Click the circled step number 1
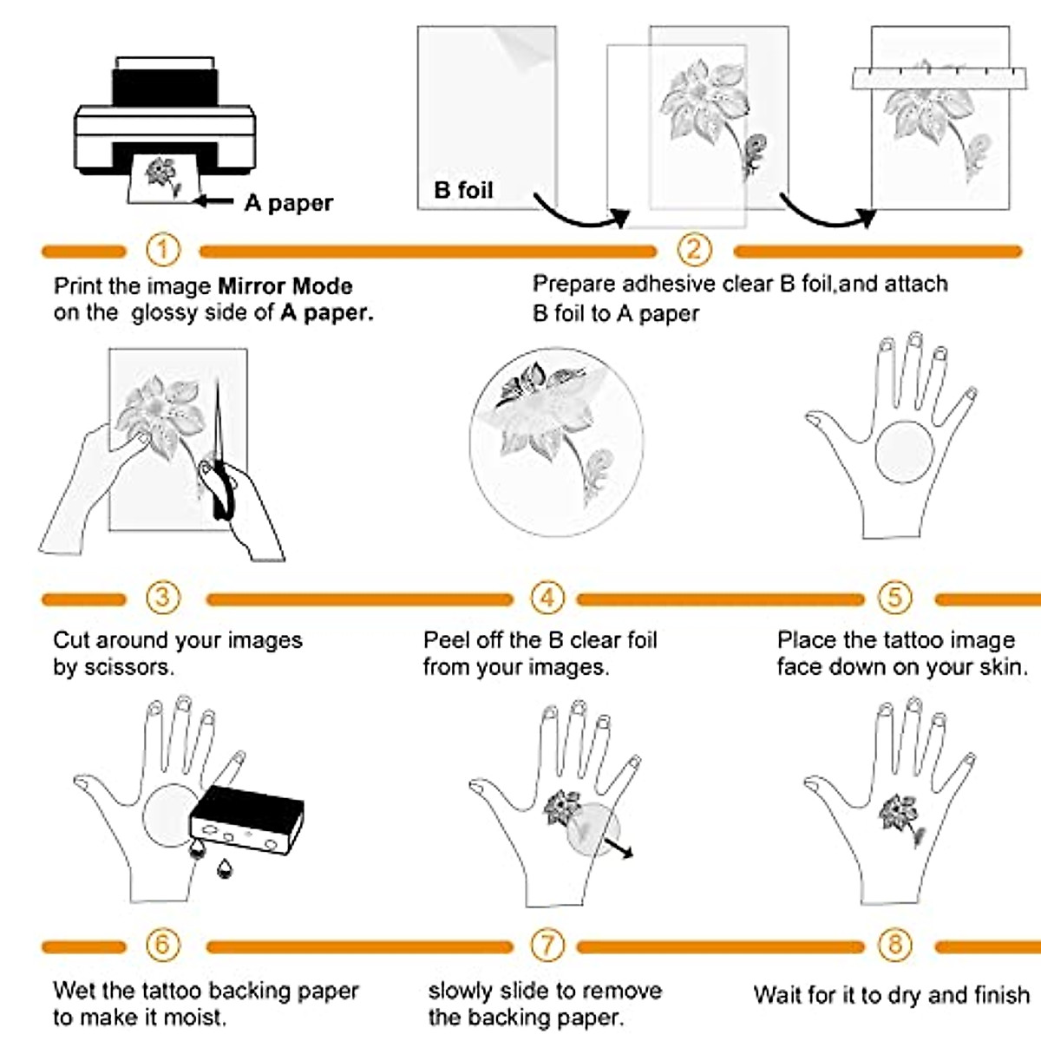162,251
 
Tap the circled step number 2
694,251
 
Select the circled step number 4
547,598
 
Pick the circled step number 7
547,945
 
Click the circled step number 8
895,945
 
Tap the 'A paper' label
288,203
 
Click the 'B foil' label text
463,190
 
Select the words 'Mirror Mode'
285,286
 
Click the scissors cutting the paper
219,468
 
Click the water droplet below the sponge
225,867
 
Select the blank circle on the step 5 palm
904,452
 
